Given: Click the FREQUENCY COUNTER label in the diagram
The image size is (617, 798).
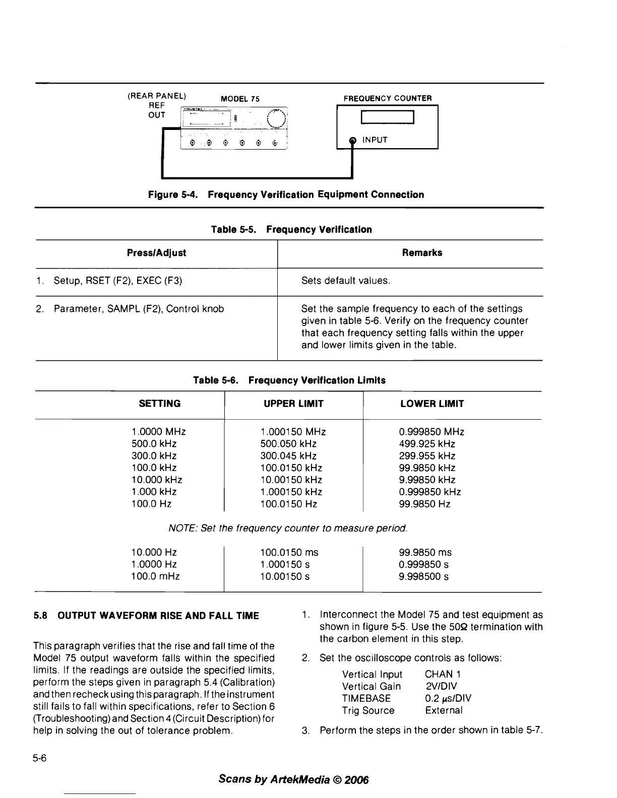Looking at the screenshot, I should (387, 99).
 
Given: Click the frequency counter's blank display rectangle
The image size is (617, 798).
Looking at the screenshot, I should (387, 118).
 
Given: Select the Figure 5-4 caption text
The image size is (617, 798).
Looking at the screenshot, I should (285, 194).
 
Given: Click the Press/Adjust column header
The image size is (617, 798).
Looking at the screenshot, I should (156, 253).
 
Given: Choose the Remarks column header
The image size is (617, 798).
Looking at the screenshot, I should (422, 253).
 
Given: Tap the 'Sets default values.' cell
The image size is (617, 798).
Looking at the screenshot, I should (345, 281).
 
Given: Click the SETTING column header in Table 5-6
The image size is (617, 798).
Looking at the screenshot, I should (159, 404).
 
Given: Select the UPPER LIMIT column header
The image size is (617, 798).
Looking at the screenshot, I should (293, 404).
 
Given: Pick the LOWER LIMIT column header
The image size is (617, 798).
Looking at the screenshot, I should (432, 404).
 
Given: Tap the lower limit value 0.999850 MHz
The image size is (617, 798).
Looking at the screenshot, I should (431, 432).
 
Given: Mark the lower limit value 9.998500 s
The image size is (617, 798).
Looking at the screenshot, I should (423, 576).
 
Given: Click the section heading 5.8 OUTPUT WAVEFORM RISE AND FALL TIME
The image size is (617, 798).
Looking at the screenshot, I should (146, 616).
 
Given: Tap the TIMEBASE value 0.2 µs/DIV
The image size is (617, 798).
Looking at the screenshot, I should (448, 698).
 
